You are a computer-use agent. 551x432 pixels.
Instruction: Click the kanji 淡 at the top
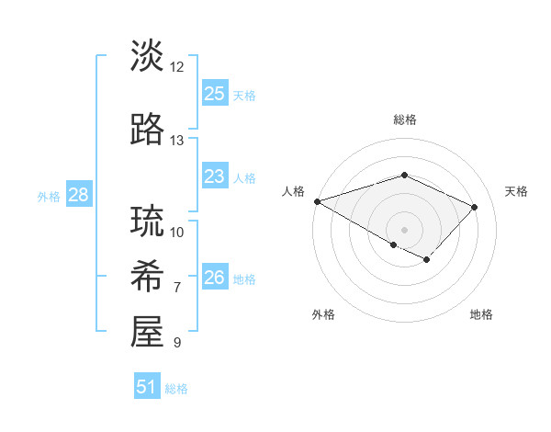[148, 57]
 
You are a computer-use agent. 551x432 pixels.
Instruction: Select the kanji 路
[148, 131]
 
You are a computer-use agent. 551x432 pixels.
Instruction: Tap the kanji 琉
[148, 222]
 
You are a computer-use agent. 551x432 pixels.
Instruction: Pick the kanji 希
[148, 277]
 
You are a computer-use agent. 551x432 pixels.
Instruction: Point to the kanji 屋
[148, 332]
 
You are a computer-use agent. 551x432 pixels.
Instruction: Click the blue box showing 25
[214, 94]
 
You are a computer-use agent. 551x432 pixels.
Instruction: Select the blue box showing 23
[214, 176]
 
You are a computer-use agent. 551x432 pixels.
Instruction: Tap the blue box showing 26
[214, 278]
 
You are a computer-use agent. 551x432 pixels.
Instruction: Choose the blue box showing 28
[78, 195]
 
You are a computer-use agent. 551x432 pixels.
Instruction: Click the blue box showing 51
[146, 387]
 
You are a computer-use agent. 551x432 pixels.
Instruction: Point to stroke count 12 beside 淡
[177, 67]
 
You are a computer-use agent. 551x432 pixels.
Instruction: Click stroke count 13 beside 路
[177, 141]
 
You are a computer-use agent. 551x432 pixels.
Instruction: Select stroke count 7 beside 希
[177, 288]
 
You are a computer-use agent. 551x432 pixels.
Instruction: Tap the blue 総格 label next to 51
[176, 389]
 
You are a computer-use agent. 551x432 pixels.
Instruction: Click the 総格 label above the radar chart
[404, 119]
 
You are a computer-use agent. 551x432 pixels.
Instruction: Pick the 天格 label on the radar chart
[516, 191]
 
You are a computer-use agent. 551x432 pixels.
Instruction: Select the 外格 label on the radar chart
[323, 314]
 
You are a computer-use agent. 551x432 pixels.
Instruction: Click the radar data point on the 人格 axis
[317, 201]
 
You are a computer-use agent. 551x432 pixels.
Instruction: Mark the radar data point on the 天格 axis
[474, 207]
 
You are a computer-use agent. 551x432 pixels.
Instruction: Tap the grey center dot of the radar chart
[404, 229]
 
